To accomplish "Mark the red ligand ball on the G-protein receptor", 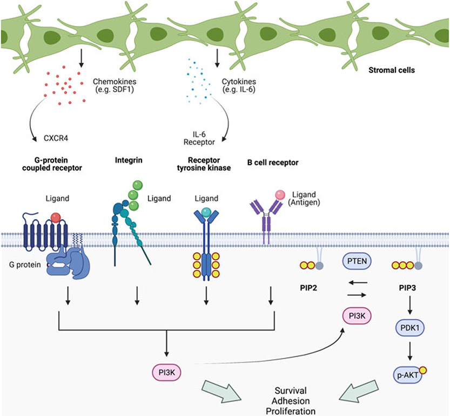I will (55, 218).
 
